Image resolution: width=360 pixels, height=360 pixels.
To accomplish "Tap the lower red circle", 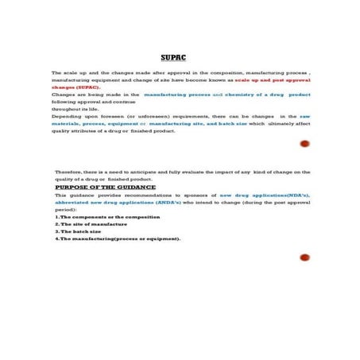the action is click(x=304, y=257).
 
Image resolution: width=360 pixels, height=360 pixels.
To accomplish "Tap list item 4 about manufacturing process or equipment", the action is click(x=118, y=238).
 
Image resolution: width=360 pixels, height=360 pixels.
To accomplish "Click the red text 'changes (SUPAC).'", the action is click(x=76, y=87).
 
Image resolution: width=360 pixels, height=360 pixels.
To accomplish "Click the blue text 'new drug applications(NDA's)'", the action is click(x=265, y=195).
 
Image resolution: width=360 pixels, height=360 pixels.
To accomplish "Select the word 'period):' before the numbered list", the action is click(x=67, y=209).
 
